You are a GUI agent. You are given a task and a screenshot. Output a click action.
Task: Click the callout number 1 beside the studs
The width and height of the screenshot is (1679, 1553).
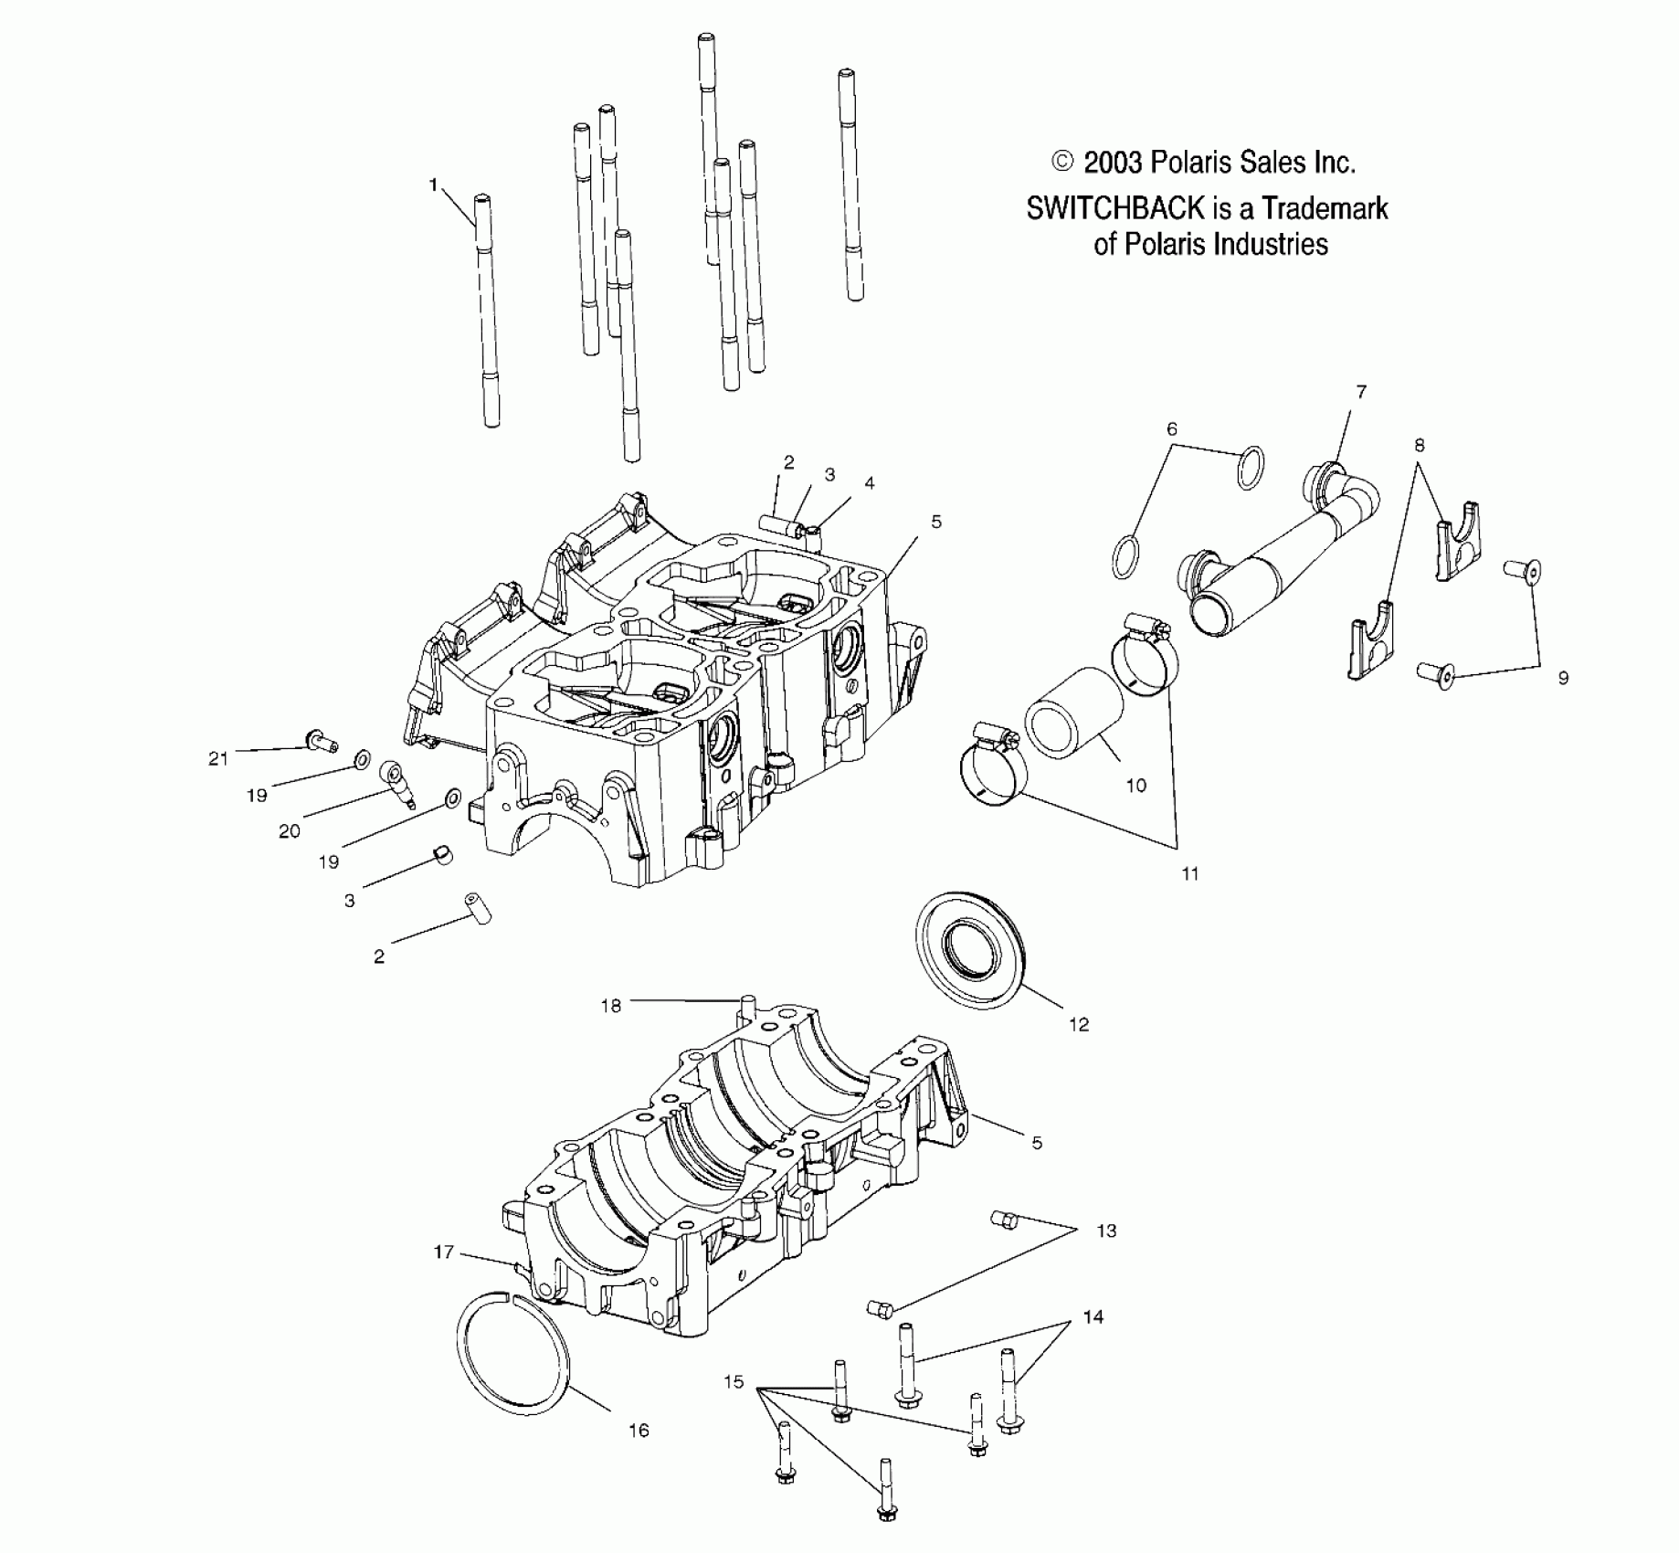434,185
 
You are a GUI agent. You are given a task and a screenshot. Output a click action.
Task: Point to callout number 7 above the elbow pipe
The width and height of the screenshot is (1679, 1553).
1361,392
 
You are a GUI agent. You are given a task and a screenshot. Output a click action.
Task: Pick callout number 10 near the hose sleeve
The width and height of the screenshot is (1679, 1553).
1135,786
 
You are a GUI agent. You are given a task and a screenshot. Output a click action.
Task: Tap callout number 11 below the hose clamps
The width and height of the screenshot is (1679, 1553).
1189,874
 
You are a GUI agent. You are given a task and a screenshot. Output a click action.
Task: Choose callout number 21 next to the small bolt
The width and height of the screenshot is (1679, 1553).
217,758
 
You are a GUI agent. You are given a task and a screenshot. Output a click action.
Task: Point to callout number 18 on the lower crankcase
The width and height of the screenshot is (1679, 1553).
610,1006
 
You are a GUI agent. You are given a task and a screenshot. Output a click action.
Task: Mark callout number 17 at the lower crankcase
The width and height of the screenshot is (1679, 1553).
444,1252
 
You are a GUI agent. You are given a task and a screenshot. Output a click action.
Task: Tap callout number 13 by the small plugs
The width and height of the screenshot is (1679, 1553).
1105,1231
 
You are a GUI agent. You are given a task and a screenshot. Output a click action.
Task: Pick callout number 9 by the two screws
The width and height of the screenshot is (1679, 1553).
1563,678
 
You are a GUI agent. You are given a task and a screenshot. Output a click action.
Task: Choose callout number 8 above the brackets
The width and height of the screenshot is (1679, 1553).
1419,446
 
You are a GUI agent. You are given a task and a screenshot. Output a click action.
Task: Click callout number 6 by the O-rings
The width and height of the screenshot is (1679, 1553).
1172,429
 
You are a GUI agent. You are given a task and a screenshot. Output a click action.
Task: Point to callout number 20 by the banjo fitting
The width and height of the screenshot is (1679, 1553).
289,831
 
